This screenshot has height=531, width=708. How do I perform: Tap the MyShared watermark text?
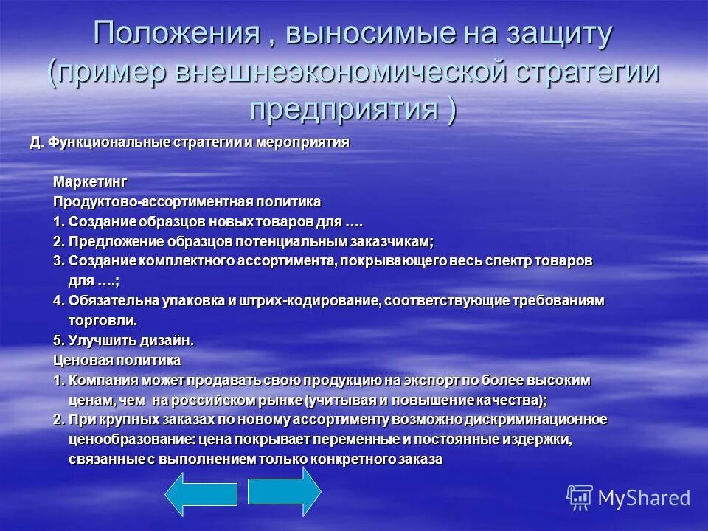(x=644, y=497)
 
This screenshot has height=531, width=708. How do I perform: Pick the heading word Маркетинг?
(x=90, y=181)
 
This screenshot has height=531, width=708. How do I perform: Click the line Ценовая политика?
(x=117, y=361)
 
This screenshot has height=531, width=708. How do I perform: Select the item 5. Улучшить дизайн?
(x=123, y=341)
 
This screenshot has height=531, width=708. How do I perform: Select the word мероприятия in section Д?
(x=306, y=141)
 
